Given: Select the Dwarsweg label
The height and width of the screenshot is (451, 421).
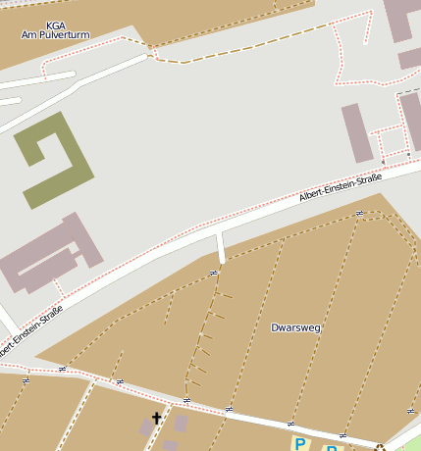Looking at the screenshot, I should [295, 327].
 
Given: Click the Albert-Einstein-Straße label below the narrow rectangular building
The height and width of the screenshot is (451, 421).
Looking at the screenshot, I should [340, 189].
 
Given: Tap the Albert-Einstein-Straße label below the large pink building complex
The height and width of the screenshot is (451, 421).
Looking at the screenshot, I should [30, 329].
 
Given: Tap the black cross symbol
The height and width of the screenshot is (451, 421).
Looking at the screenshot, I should [156, 419].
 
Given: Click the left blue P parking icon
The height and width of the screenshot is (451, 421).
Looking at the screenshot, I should [298, 444].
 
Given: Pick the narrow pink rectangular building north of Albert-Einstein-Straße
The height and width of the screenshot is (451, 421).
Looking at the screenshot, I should [358, 132].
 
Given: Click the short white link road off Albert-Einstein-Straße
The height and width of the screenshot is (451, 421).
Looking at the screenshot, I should [221, 247].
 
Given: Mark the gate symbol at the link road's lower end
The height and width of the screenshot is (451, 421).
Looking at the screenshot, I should [213, 273].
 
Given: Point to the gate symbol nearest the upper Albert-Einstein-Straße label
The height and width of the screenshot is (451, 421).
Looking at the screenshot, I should [359, 213].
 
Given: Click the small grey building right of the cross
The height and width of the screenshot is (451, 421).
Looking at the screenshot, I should [182, 424].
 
